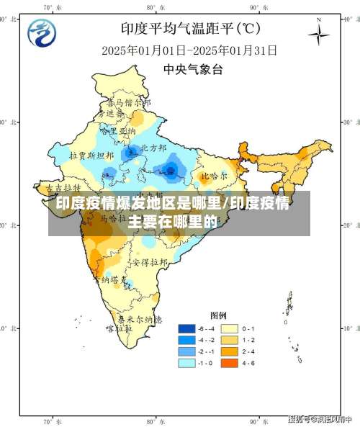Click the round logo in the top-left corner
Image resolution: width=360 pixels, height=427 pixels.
point(41,32)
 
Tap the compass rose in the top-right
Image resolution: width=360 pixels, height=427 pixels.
point(319,34)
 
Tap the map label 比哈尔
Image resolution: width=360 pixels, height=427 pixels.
point(214,175)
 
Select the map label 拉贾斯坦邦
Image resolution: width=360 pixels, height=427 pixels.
point(91,155)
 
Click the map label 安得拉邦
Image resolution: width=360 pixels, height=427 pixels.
point(153,262)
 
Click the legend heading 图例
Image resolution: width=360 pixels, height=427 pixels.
point(218,315)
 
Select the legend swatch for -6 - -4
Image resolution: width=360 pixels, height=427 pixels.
point(187,328)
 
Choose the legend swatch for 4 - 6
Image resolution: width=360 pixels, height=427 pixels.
point(230,364)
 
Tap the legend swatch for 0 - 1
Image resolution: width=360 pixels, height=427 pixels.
point(230,328)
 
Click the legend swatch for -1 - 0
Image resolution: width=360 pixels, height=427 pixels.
point(187,364)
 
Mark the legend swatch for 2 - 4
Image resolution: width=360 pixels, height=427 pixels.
point(230,351)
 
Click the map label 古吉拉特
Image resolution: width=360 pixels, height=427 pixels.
point(60,186)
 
